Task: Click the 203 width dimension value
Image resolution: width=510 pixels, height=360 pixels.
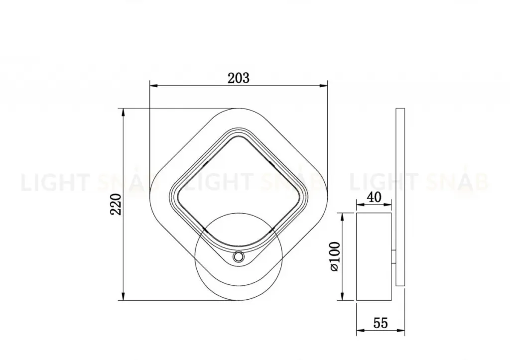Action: tap(239, 78)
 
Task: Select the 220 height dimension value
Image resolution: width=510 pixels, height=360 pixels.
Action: tap(116, 204)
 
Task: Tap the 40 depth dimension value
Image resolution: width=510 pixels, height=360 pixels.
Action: tap(374, 197)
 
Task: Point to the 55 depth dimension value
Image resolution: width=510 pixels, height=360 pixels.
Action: tap(380, 323)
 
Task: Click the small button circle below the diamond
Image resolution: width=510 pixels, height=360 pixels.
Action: tap(238, 257)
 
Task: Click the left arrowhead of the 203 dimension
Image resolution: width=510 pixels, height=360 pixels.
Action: tap(153, 86)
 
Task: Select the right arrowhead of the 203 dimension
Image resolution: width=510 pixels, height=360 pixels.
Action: tap(323, 86)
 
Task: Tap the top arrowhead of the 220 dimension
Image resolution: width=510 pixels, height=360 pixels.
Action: tap(123, 113)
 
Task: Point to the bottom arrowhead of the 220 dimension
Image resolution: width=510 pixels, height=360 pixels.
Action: tap(123, 296)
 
